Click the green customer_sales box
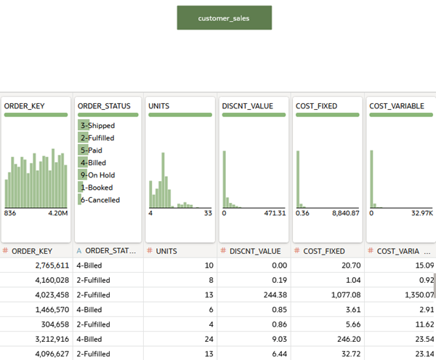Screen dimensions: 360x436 [x=224, y=18]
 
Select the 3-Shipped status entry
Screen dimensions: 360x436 [x=97, y=126]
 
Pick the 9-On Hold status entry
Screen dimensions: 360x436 [x=97, y=175]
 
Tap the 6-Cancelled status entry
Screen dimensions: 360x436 [x=100, y=200]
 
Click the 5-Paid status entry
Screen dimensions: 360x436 [x=92, y=151]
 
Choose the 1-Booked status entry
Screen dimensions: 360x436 [x=96, y=188]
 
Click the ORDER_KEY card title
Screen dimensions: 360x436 [x=25, y=106]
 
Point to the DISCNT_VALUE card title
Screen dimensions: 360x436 [x=248, y=106]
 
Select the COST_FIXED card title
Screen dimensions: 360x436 [x=316, y=106]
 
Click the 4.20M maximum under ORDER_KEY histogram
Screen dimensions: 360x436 [x=57, y=214]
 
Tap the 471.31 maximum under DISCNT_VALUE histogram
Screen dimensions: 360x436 [x=273, y=214]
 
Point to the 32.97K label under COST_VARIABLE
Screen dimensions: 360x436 [x=421, y=214]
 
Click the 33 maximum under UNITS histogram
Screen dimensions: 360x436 [x=207, y=214]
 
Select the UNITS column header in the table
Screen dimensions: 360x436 [x=169, y=251]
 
